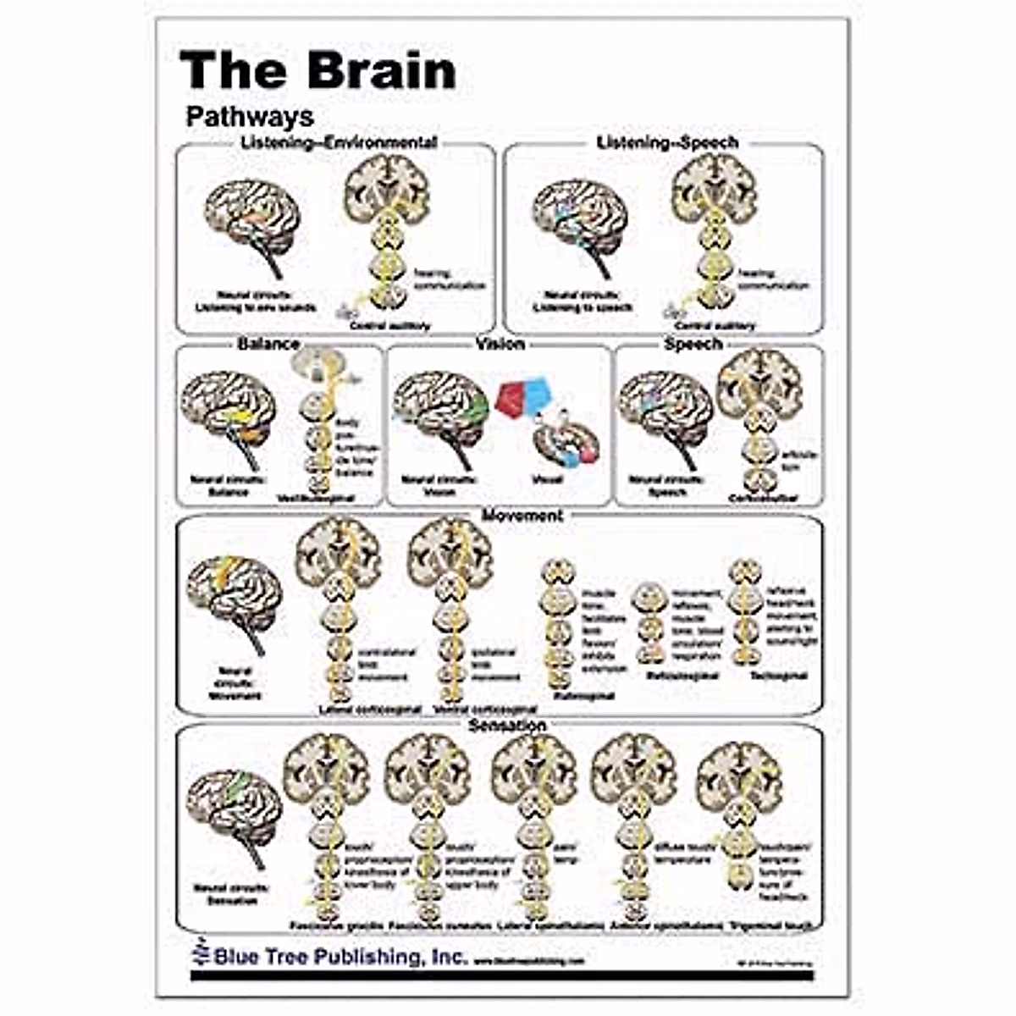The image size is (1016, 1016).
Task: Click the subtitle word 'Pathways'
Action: [x=250, y=116]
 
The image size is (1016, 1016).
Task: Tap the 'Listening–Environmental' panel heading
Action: [x=339, y=142]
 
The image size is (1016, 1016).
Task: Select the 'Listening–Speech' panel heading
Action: [x=667, y=142]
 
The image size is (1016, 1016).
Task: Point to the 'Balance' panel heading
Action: [x=268, y=344]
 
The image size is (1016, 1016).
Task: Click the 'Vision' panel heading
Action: [x=500, y=344]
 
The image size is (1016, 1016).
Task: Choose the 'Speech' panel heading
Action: [x=693, y=344]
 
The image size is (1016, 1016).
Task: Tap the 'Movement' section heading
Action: [x=522, y=515]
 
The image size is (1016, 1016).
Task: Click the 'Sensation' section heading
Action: [x=507, y=726]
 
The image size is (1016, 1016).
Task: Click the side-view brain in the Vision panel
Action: [x=441, y=410]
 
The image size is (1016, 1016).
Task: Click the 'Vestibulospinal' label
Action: [x=316, y=498]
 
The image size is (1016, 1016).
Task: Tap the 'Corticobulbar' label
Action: [x=764, y=498]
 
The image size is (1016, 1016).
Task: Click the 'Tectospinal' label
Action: [x=778, y=676]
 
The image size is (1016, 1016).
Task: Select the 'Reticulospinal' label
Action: [x=682, y=676]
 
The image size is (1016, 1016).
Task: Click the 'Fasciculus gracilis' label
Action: [x=336, y=925]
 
